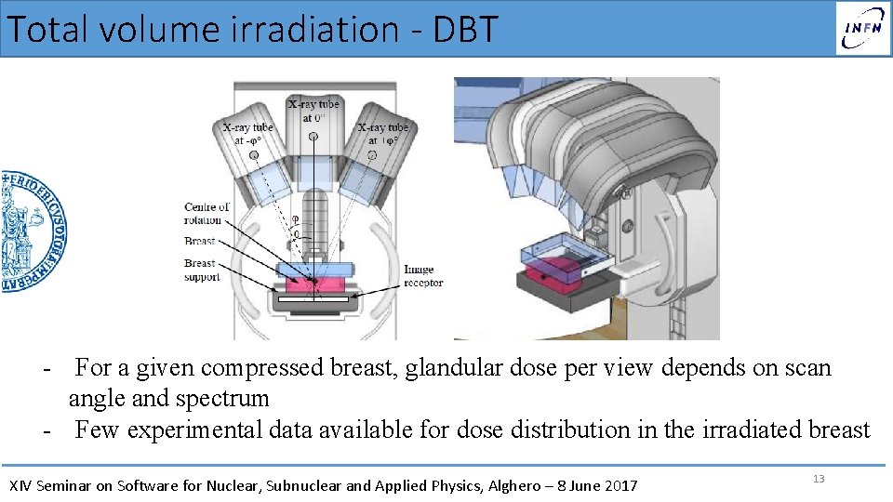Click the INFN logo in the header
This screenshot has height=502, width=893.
pyautogui.click(x=861, y=28)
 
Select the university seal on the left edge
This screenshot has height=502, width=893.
pyautogui.click(x=32, y=232)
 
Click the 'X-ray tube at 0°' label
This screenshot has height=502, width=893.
pyautogui.click(x=313, y=111)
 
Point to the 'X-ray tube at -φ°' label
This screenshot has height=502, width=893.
pyautogui.click(x=247, y=133)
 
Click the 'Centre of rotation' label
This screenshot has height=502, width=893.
pyautogui.click(x=206, y=213)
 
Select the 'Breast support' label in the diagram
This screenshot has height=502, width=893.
pyautogui.click(x=201, y=270)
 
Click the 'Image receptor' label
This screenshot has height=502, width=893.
pyautogui.click(x=423, y=276)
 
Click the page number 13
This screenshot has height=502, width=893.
pyautogui.click(x=819, y=479)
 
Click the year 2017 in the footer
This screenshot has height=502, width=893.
pyautogui.click(x=620, y=485)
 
